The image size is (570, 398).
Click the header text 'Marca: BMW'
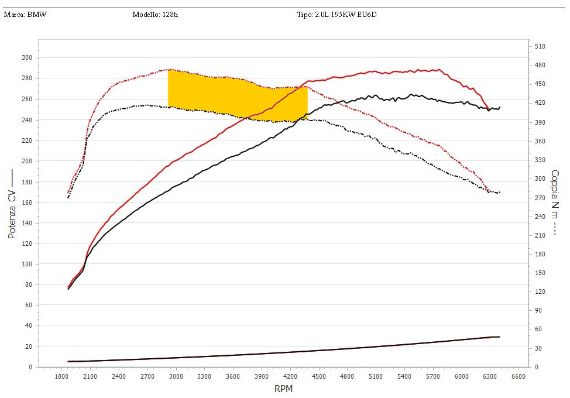coord(25,15)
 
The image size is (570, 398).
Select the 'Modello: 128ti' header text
coord(155,15)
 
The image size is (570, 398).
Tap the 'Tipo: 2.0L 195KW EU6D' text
coord(336,15)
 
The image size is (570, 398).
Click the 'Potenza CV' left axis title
coord(12,205)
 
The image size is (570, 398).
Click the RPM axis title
coord(283,389)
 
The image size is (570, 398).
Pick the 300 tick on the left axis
coord(26,57)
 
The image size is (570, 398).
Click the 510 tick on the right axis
coord(540,46)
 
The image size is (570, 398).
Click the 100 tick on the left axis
coord(26,264)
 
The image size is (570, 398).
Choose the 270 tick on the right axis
coord(540,197)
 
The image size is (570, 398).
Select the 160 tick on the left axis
coord(26,202)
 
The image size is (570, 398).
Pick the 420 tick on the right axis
coord(540,103)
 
